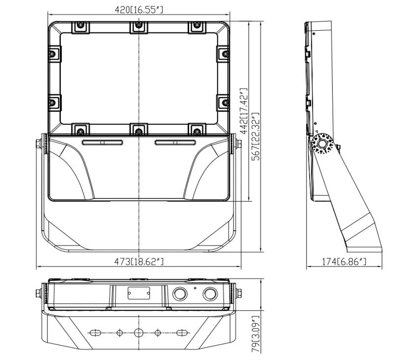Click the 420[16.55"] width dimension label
pos(139,10)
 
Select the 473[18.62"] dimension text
pos(139,262)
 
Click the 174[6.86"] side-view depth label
pos(344,262)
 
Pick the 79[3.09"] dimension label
pos(256,335)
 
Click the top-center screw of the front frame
pos(139,25)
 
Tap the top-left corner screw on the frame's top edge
pos(80,25)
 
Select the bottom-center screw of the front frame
pos(139,131)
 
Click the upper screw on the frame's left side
pos(52,54)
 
